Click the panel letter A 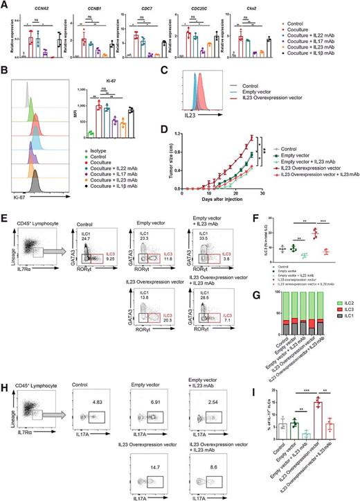[6, 5]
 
